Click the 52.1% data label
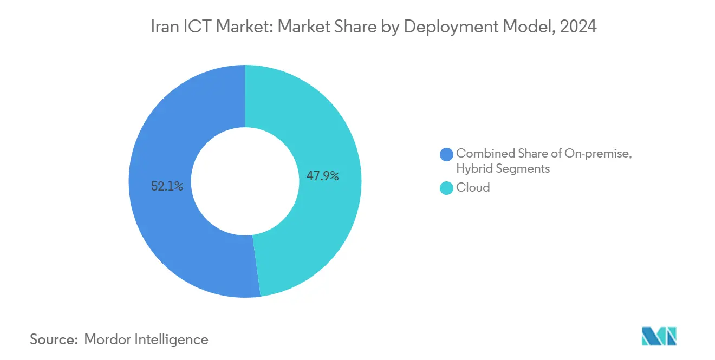pyautogui.click(x=167, y=187)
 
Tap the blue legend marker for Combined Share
pyautogui.click(x=447, y=154)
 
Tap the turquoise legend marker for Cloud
pyautogui.click(x=447, y=188)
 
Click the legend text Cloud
pyautogui.click(x=473, y=188)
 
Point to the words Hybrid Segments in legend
pyautogui.click(x=503, y=169)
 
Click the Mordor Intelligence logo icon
pyautogui.click(x=659, y=336)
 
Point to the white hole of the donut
pyautogui.click(x=245, y=181)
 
